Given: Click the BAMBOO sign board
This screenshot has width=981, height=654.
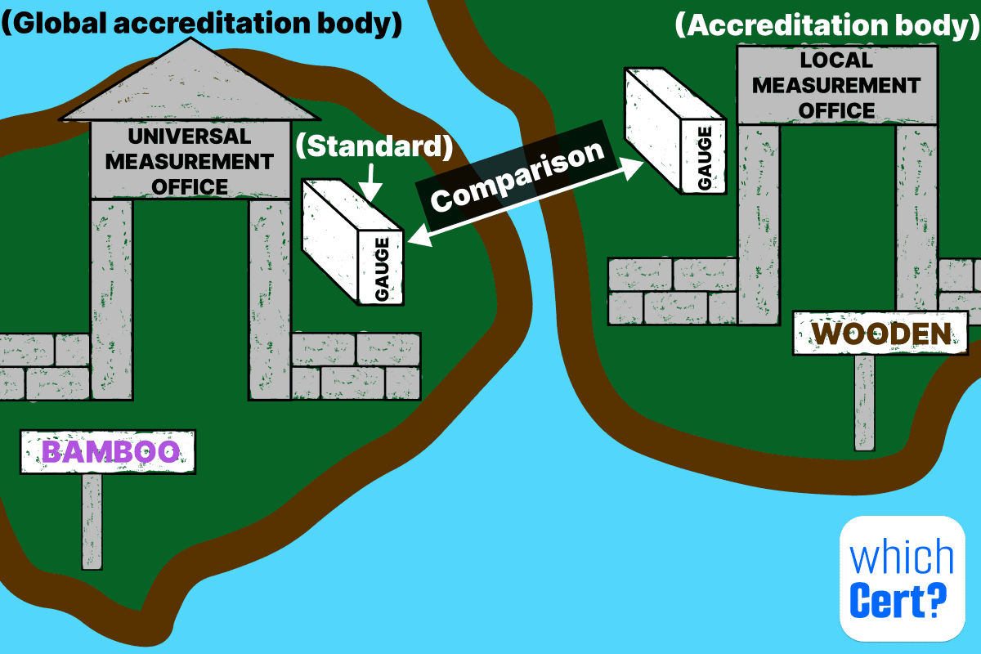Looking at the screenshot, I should (108, 451).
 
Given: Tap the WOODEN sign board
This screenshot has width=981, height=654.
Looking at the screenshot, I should (880, 333).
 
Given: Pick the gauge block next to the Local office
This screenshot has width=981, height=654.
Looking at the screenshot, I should (675, 131).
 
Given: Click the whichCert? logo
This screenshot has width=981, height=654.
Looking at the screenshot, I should (903, 577).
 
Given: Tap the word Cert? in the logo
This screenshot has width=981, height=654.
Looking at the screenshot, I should (898, 602).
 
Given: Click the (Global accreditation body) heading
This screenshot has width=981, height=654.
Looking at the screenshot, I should (201, 24).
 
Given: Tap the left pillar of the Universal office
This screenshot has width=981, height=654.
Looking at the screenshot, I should (112, 298).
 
